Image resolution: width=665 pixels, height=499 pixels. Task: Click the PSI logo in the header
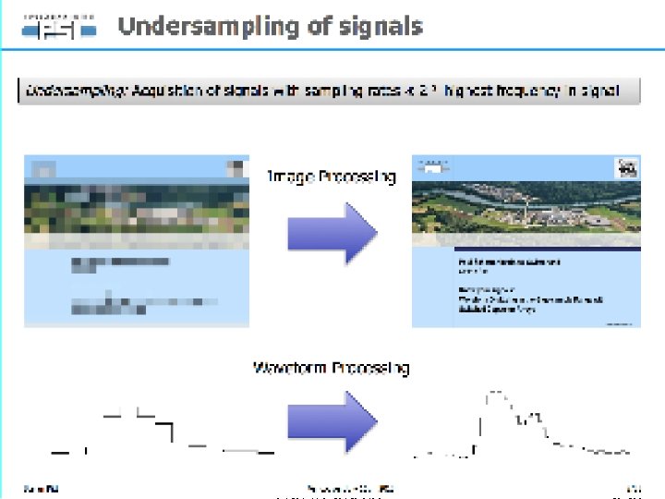pyautogui.click(x=59, y=28)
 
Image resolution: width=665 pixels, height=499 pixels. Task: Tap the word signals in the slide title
pyautogui.click(x=379, y=26)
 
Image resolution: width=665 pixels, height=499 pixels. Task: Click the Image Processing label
pyautogui.click(x=332, y=176)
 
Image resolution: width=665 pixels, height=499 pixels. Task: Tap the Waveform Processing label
pyautogui.click(x=332, y=368)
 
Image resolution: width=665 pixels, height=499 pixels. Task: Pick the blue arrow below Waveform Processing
pyautogui.click(x=332, y=421)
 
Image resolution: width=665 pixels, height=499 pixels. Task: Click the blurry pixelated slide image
pyautogui.click(x=137, y=240)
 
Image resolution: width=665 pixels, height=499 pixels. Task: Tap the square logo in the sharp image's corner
pyautogui.click(x=628, y=169)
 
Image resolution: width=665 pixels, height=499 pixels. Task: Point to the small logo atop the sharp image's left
pyautogui.click(x=430, y=166)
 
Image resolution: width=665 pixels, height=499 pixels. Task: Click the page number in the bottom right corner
pyautogui.click(x=634, y=488)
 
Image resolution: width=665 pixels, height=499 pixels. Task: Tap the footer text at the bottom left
pyautogui.click(x=35, y=488)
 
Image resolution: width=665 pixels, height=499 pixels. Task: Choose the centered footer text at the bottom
pyautogui.click(x=350, y=488)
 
